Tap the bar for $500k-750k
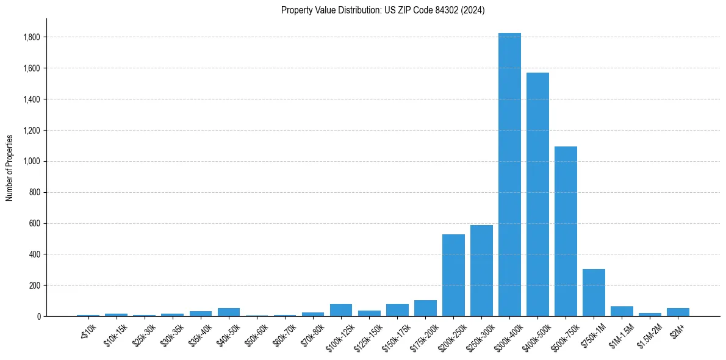[566, 231]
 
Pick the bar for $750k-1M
[594, 293]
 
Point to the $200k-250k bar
[453, 275]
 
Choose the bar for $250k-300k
[481, 271]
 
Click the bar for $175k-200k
[425, 309]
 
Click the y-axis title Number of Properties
[9, 167]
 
